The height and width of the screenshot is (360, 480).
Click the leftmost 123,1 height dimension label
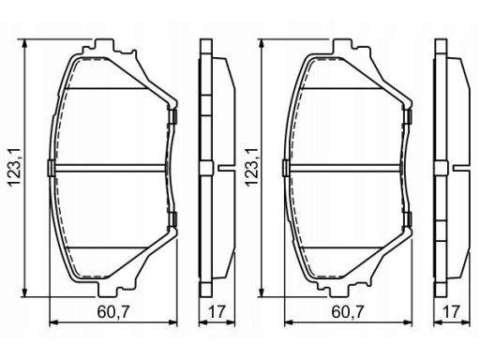click(x=15, y=168)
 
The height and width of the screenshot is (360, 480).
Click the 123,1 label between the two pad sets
click(x=251, y=168)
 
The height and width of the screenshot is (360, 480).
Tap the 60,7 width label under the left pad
click(x=112, y=311)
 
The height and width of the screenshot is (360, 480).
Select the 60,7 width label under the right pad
click(x=348, y=311)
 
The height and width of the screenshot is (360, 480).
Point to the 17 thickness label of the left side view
click(x=217, y=311)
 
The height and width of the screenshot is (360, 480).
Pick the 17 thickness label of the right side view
click(x=452, y=311)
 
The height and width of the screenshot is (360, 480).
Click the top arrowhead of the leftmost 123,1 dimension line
click(x=25, y=44)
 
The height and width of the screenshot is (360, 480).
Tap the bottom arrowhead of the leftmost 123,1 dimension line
click(x=25, y=292)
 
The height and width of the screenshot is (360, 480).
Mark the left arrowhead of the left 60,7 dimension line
click(x=54, y=322)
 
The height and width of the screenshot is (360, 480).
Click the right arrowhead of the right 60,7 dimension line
click(x=407, y=322)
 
